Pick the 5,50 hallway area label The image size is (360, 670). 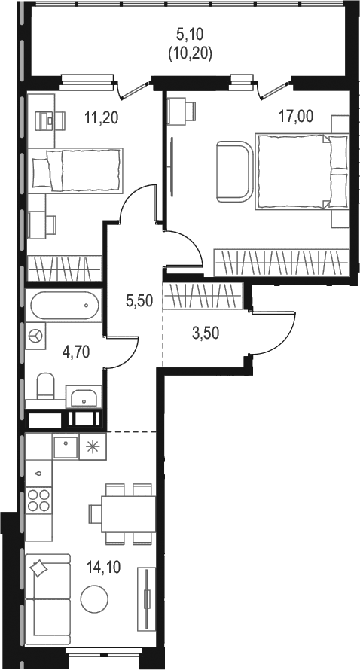point(139,301)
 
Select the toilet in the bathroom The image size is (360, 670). point(45,386)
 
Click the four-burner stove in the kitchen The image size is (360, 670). point(38,501)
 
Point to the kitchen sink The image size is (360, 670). point(66,446)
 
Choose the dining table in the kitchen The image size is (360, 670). point(128,514)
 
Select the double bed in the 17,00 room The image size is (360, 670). point(302,172)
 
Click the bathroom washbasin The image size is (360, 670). point(84,396)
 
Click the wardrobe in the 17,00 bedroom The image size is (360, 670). point(282,263)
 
